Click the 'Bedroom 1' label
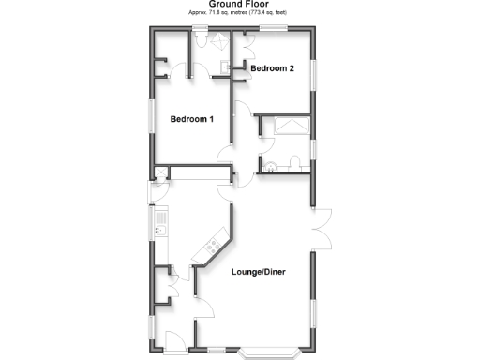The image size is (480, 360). point(192,119)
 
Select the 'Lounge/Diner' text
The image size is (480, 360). point(258,273)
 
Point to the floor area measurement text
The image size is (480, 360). point(239,13)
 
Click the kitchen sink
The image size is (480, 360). point(160,229)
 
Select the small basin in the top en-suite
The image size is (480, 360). point(224,63)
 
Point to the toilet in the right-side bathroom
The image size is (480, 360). point(294,164)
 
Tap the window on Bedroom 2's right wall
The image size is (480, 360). point(314,74)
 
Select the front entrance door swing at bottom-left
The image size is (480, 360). point(174,340)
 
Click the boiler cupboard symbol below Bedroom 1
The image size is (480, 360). point(159,173)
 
